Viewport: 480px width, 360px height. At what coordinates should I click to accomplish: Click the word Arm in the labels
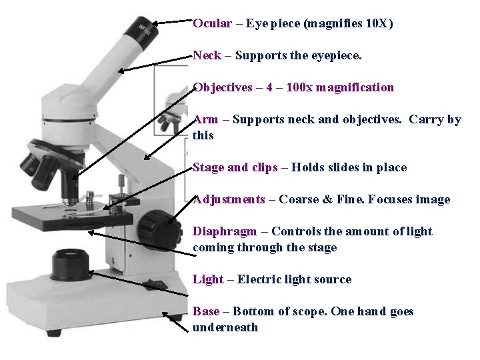205,120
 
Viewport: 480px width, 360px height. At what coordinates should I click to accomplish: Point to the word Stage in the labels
208,167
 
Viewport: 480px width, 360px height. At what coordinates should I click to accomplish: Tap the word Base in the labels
205,311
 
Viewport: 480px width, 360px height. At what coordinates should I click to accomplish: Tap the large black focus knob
160,228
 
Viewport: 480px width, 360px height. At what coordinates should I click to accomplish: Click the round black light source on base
70,263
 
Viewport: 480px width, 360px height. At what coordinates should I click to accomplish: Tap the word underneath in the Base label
225,327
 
